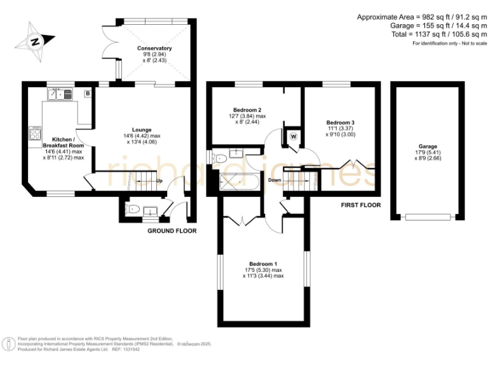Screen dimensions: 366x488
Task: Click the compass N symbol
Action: pos(35,42)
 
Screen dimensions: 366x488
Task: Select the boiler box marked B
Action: pos(87,93)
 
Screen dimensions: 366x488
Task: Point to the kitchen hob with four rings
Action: pos(34,133)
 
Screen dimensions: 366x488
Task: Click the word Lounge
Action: pos(141,130)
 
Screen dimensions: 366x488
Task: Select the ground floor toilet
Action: pos(133,209)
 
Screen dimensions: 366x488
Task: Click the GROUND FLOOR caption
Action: pos(172,231)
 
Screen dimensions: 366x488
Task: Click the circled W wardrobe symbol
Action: pos(294,136)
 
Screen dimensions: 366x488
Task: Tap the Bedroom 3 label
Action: pos(341,123)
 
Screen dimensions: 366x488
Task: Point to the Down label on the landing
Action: pos(274,180)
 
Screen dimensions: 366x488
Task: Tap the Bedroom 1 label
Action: pos(263,264)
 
